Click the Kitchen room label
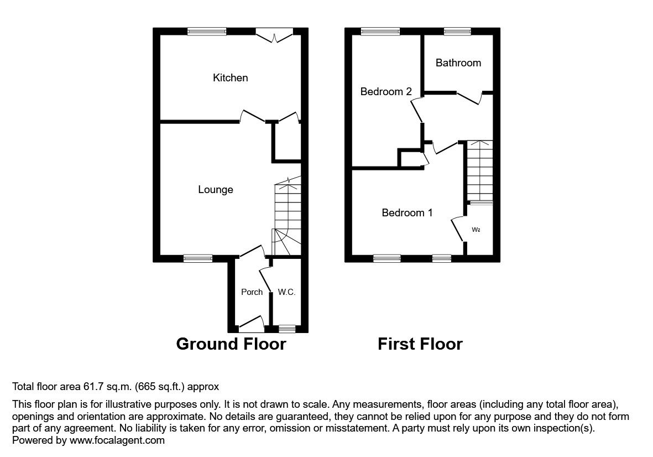pyautogui.click(x=231, y=78)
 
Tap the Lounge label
pyautogui.click(x=216, y=190)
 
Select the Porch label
pyautogui.click(x=252, y=292)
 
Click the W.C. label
pyautogui.click(x=286, y=292)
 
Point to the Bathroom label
pyautogui.click(x=458, y=63)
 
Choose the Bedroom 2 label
pyautogui.click(x=386, y=92)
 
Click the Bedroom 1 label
pyautogui.click(x=407, y=213)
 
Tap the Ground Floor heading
pyautogui.click(x=231, y=344)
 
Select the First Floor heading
pyautogui.click(x=420, y=344)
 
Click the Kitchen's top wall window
pyautogui.click(x=207, y=32)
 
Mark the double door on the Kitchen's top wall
pyautogui.click(x=275, y=35)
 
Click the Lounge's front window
pyautogui.click(x=198, y=258)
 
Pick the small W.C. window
pyautogui.click(x=286, y=329)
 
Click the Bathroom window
pyautogui.click(x=457, y=32)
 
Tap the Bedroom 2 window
pyautogui.click(x=380, y=32)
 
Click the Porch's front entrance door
pyautogui.click(x=251, y=324)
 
